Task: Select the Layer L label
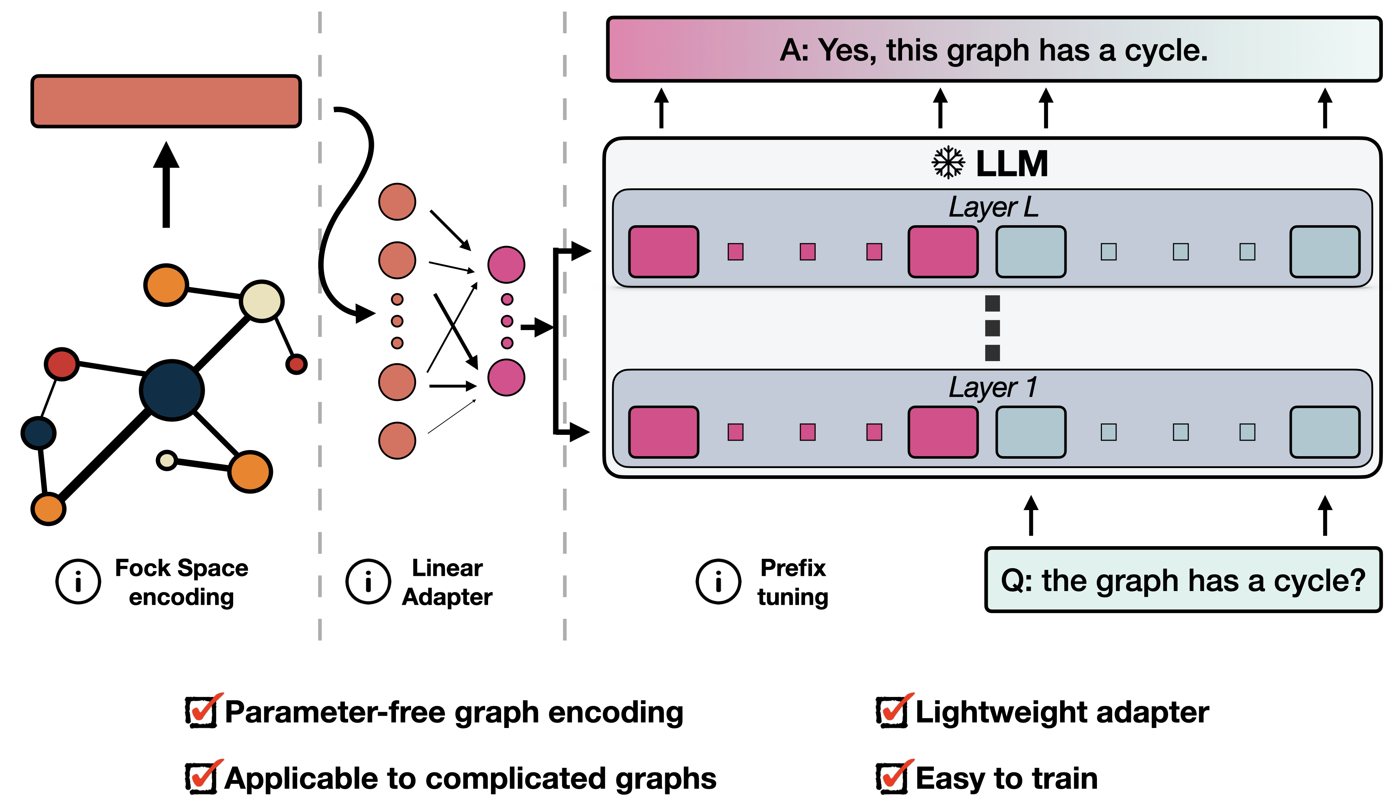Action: [x=993, y=207]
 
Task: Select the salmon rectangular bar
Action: [x=166, y=101]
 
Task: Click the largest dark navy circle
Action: [x=172, y=390]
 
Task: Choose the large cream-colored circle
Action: [x=262, y=301]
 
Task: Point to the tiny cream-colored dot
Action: [x=167, y=461]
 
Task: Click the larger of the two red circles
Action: [x=61, y=364]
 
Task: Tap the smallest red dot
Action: [x=296, y=364]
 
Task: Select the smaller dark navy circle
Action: [x=39, y=433]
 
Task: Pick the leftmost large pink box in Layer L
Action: [x=663, y=252]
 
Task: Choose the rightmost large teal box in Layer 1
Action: [x=1325, y=432]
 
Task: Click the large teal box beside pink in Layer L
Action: [x=1031, y=252]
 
